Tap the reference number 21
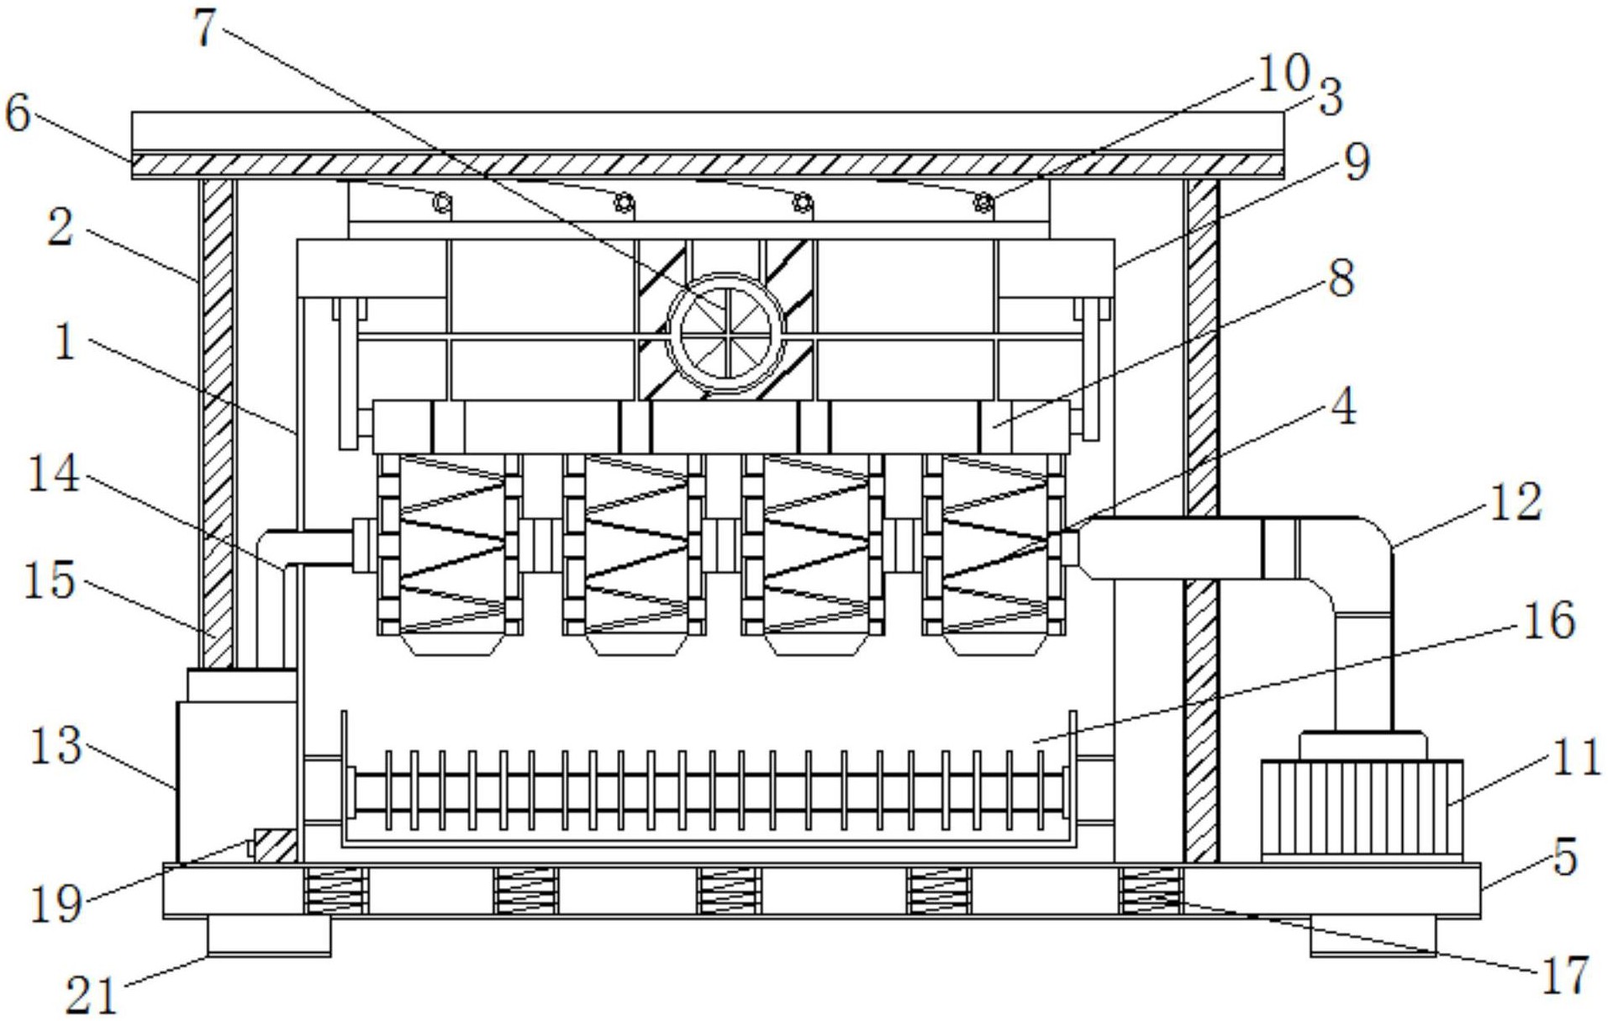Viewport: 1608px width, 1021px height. coord(92,996)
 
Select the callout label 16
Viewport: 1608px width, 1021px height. coord(1547,622)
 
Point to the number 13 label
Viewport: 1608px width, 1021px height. coord(55,745)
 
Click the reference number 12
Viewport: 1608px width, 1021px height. coord(1516,502)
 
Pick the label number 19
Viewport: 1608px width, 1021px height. coord(56,904)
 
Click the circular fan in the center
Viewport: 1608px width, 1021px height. coord(725,331)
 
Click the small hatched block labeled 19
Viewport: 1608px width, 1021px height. coord(274,845)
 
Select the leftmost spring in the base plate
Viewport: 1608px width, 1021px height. coord(335,891)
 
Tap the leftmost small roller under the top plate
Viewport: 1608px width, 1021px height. coord(442,204)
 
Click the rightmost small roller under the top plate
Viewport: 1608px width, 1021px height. coord(983,204)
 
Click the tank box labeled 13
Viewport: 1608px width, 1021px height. coord(236,765)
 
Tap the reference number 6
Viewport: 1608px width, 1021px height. coord(18,113)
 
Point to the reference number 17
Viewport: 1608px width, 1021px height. coord(1564,975)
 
